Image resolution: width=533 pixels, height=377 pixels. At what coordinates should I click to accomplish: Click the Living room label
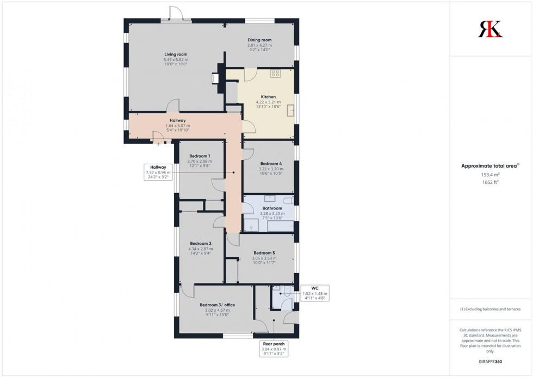point(176,54)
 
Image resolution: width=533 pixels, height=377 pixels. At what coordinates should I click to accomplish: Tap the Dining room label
point(259,40)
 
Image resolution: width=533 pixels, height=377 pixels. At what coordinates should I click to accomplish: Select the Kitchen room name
point(268,97)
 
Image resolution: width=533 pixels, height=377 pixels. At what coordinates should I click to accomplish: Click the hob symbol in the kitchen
point(275,73)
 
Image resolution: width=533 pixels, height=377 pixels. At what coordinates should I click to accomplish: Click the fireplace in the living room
point(216,78)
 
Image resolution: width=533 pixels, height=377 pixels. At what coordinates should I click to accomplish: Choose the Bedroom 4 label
point(271,164)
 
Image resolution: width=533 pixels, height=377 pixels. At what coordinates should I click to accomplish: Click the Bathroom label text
point(272,208)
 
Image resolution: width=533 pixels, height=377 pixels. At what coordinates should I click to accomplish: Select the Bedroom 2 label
point(200,243)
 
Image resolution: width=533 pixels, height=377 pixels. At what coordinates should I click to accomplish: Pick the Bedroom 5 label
point(264,253)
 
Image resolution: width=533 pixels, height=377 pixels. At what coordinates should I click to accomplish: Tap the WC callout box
point(314,293)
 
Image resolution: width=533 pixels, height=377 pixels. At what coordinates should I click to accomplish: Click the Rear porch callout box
point(271,348)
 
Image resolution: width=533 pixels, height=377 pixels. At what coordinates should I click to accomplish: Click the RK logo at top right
point(490,28)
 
